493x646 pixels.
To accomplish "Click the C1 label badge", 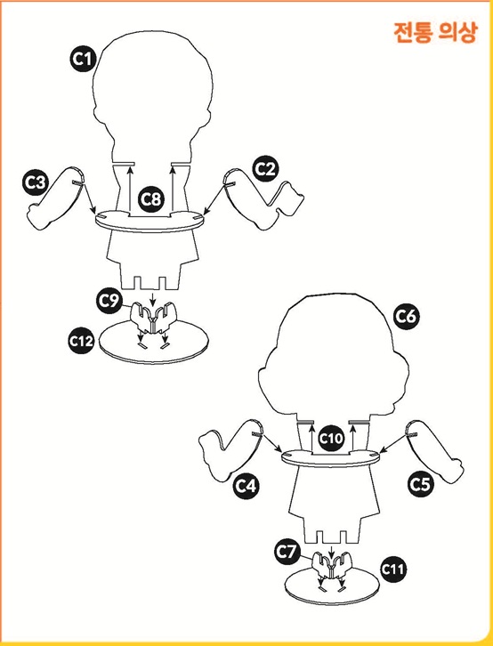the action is coord(83,59).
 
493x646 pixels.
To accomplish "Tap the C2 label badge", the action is coord(265,169).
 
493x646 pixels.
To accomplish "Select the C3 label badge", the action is coord(36,182).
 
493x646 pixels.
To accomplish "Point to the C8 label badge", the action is coord(150,199).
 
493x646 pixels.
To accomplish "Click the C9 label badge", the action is coord(110,302).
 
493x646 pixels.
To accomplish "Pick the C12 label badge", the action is coord(82,341).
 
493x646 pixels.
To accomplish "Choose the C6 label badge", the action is coord(406,317).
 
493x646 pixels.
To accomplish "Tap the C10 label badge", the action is coord(331,439).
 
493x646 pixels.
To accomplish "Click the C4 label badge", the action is coord(246,486).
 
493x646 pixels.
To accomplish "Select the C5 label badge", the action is coord(420,484).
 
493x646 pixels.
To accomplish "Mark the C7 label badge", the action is coord(287,552).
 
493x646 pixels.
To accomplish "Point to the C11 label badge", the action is coord(393,569).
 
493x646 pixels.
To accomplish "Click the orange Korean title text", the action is coord(435,32).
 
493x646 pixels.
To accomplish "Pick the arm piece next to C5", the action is coord(438,452).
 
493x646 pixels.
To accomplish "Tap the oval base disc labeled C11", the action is coord(332,582).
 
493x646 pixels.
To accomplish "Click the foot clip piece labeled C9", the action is coord(153,318).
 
